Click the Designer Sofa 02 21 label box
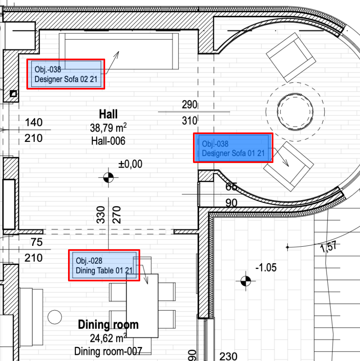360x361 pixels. click(x=66, y=74)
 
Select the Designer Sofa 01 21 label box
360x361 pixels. click(x=233, y=148)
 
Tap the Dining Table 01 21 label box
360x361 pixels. click(x=104, y=265)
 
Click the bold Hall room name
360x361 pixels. click(x=108, y=114)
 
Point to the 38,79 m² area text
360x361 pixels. click(x=108, y=128)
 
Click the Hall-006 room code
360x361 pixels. click(x=108, y=141)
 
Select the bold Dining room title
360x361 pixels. click(x=108, y=324)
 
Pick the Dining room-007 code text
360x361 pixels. click(x=108, y=352)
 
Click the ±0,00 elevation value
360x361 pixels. click(x=130, y=164)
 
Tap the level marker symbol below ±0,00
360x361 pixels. click(x=108, y=177)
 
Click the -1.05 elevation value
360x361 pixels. click(x=266, y=267)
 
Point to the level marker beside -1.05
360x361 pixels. click(x=246, y=281)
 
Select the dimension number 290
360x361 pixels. click(x=189, y=104)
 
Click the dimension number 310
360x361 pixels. click(x=189, y=120)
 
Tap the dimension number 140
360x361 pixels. click(x=33, y=122)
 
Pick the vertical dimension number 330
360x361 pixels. click(x=101, y=215)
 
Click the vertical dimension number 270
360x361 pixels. click(x=116, y=215)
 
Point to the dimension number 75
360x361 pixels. click(x=37, y=242)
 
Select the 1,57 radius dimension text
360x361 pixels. click(x=329, y=247)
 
